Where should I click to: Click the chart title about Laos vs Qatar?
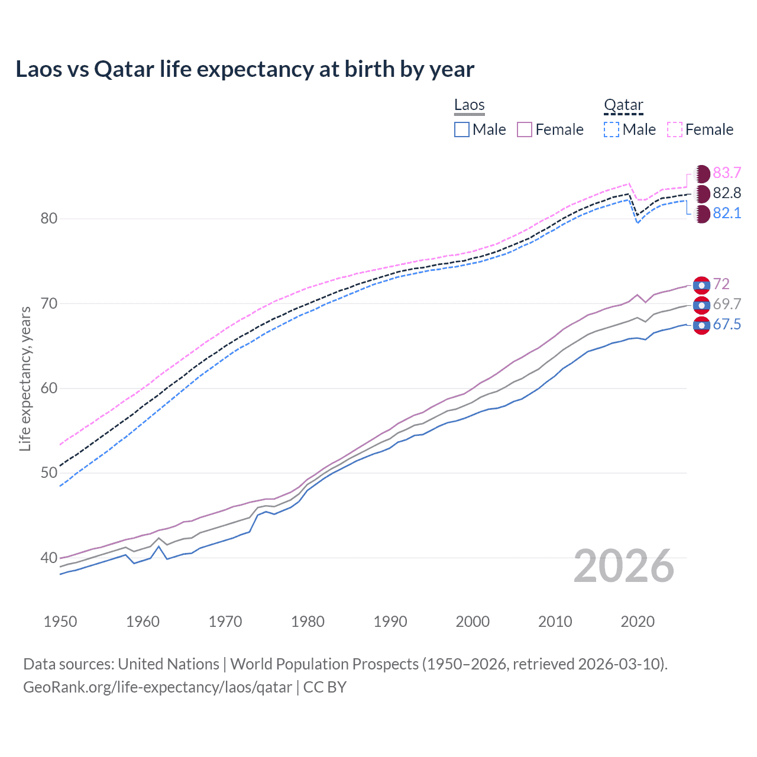point(245,69)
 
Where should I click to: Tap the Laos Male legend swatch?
point(462,130)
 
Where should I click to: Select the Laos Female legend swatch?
point(525,130)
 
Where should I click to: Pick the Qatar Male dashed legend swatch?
point(612,130)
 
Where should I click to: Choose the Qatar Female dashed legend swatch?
point(675,130)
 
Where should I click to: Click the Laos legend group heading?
point(470,105)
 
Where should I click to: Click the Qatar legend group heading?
point(623,105)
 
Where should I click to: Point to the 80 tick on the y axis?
point(49,219)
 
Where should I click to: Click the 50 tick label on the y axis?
point(49,473)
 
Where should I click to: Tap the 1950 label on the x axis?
point(60,622)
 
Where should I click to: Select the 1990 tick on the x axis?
point(390,622)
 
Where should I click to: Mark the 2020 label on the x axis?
point(638,622)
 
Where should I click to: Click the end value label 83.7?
point(727,173)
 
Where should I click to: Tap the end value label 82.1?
point(727,213)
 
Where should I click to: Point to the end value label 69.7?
point(727,305)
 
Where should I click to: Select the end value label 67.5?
point(727,325)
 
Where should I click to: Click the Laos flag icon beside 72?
point(701,285)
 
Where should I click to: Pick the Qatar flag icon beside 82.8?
point(702,193)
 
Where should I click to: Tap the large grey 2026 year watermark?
point(623,566)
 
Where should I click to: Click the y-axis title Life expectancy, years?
point(25,378)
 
